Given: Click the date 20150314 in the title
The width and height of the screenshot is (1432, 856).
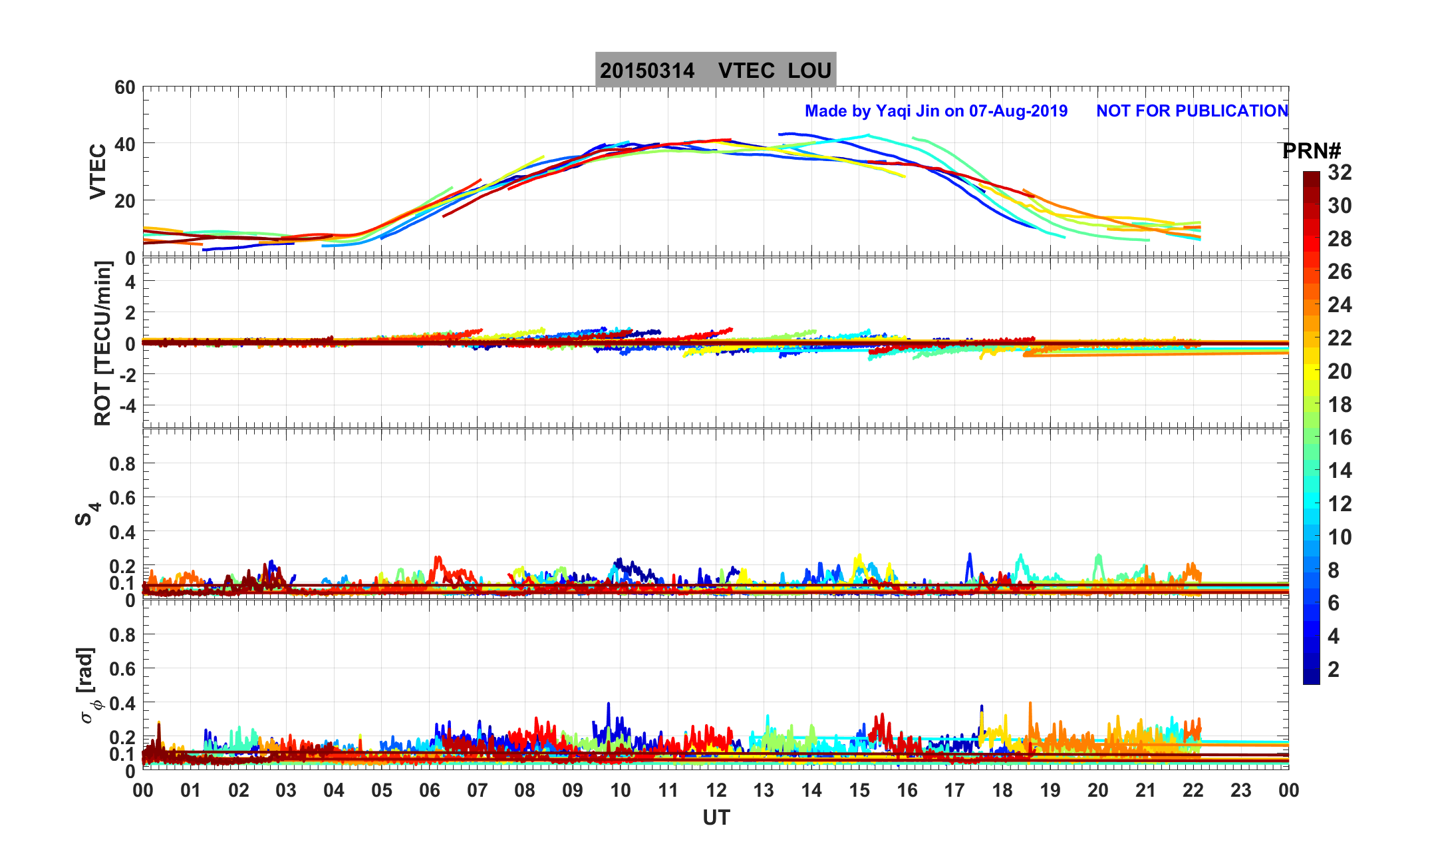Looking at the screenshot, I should click(646, 71).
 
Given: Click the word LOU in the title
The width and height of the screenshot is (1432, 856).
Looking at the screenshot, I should click(809, 71).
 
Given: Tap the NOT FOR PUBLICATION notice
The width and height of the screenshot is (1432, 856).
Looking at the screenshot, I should click(1192, 110).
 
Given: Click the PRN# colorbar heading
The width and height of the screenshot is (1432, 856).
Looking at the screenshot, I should click(1311, 151).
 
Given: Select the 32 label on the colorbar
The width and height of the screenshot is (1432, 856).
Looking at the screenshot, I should click(1340, 172).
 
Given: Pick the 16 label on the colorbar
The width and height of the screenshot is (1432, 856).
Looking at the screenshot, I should click(1340, 437).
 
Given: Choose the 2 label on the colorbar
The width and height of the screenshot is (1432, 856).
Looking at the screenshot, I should click(1334, 669).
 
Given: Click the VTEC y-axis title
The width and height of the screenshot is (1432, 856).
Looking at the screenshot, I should click(98, 171).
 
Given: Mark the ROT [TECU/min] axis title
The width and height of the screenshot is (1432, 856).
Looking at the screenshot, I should click(103, 343).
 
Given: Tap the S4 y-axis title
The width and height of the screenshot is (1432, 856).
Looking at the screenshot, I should click(87, 513).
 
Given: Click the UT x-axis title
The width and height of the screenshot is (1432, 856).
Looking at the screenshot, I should click(716, 817).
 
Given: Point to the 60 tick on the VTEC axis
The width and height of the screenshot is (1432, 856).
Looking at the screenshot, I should click(124, 87).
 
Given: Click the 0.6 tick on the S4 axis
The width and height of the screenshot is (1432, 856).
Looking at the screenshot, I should click(122, 497).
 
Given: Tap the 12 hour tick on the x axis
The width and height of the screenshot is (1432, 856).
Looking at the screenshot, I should click(716, 790).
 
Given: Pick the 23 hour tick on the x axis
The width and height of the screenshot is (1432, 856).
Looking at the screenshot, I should click(1241, 790).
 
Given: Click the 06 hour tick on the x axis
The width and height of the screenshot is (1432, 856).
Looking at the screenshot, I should click(430, 790).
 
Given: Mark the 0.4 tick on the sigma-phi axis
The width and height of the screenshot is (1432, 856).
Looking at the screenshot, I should click(122, 703).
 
